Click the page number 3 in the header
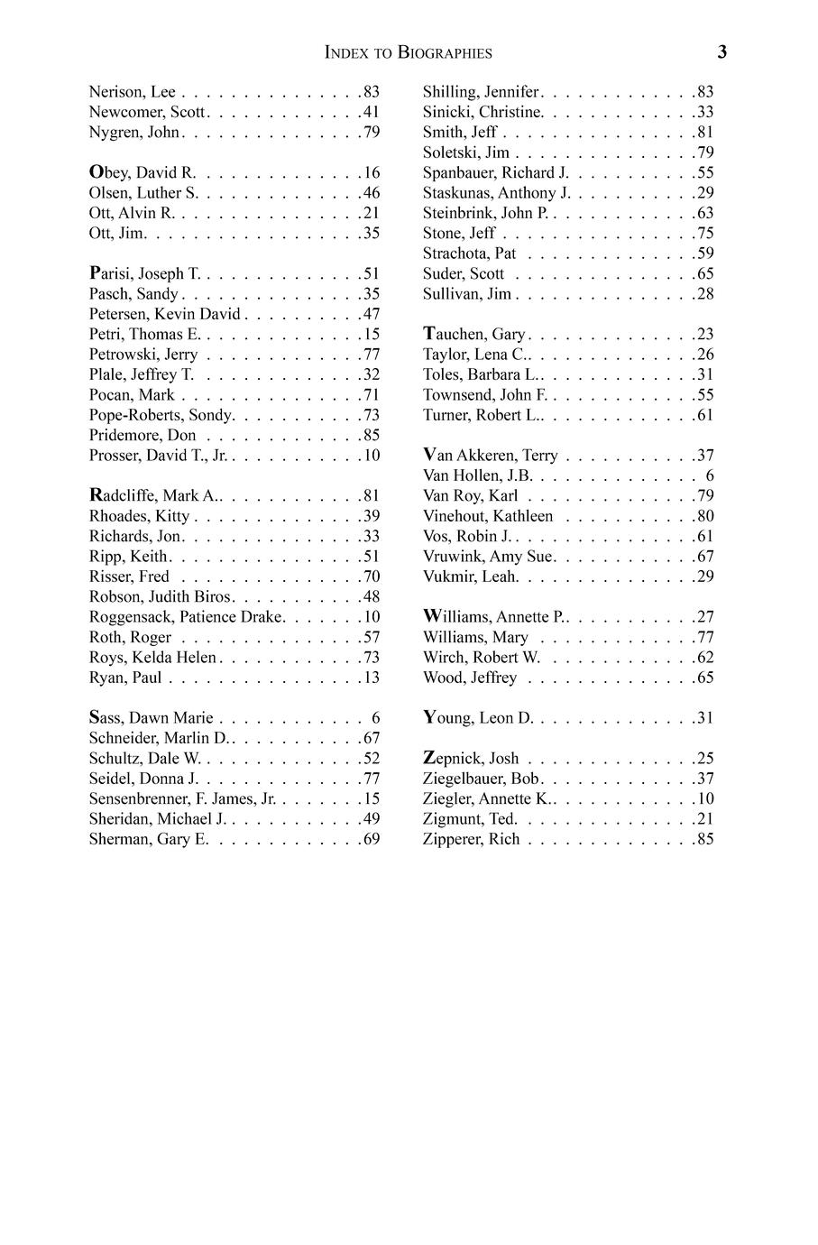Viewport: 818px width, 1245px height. coord(721,52)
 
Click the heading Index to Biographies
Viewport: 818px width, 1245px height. coord(409,53)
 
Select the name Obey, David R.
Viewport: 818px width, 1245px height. coord(142,172)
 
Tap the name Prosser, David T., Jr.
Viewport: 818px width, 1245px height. coord(158,456)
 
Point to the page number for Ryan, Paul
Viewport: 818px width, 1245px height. coord(371,678)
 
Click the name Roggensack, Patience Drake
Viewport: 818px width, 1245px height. coord(186,617)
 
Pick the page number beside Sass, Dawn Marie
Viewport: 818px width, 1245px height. coord(375,719)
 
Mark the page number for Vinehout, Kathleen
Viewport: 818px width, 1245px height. coord(704,516)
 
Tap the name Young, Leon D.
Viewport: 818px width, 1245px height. coord(478,718)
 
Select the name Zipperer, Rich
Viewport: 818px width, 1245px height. coord(471,840)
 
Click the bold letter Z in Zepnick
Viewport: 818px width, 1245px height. coord(429,758)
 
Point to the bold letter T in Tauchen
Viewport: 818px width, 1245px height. coord(429,334)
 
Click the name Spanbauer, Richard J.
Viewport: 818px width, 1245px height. coord(495,172)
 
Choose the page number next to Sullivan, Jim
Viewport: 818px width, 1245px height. coord(704,294)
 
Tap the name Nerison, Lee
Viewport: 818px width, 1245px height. coord(132,92)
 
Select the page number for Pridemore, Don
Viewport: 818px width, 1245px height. coord(371,436)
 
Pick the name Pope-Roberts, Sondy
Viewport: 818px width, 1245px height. coord(161,415)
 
